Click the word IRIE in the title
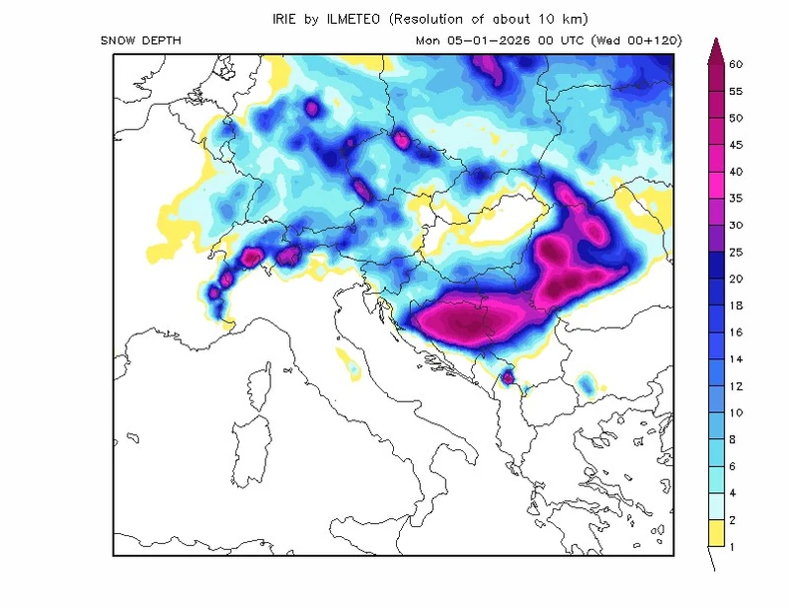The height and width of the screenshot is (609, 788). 286,18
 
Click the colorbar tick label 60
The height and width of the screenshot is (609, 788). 736,64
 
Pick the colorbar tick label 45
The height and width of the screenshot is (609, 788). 736,145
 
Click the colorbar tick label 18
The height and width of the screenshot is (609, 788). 736,305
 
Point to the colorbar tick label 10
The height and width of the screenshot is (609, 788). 736,412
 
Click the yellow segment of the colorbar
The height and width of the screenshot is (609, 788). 716,533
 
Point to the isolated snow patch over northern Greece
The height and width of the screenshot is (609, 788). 587,383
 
